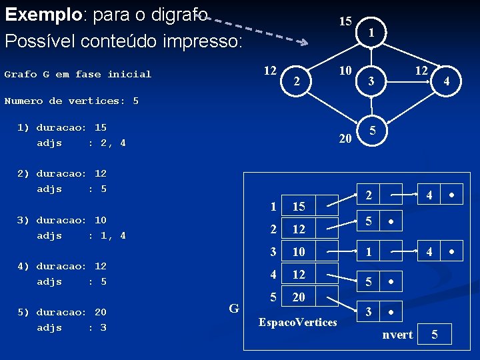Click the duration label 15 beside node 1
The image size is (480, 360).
click(345, 21)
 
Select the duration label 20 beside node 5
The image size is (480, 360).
click(345, 139)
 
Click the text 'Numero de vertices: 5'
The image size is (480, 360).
click(71, 101)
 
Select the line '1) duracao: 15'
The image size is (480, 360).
click(62, 127)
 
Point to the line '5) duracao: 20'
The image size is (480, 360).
click(62, 312)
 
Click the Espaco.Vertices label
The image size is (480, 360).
click(297, 323)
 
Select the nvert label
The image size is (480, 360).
click(397, 335)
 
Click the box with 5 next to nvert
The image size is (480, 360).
click(435, 335)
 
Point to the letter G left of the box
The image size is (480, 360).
click(234, 308)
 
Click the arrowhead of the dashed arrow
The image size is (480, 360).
click(304, 43)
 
